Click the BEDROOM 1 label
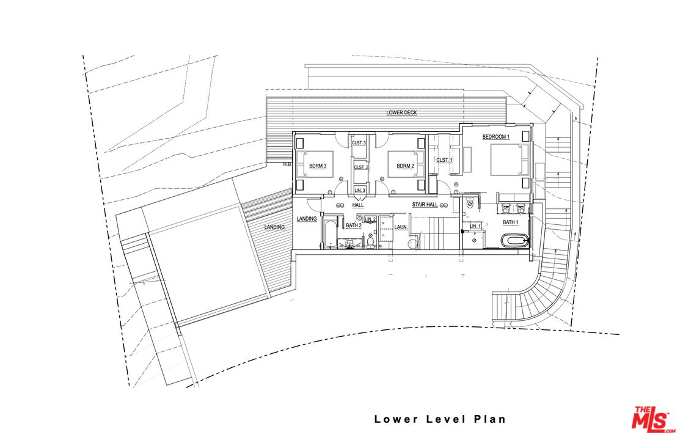click(x=495, y=136)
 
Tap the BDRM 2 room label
click(x=405, y=166)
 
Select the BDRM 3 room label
click(x=318, y=166)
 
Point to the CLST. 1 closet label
click(x=444, y=160)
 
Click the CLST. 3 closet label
click(x=359, y=143)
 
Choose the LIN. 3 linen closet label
click(x=359, y=191)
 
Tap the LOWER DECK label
click(x=401, y=113)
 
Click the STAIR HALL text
click(x=425, y=205)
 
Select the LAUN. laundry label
click(x=401, y=227)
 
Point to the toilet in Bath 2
click(x=371, y=243)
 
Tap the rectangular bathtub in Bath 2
click(x=328, y=235)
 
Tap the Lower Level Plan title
click(x=440, y=419)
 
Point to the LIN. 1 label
click(x=475, y=227)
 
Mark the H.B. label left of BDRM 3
click(x=287, y=164)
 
